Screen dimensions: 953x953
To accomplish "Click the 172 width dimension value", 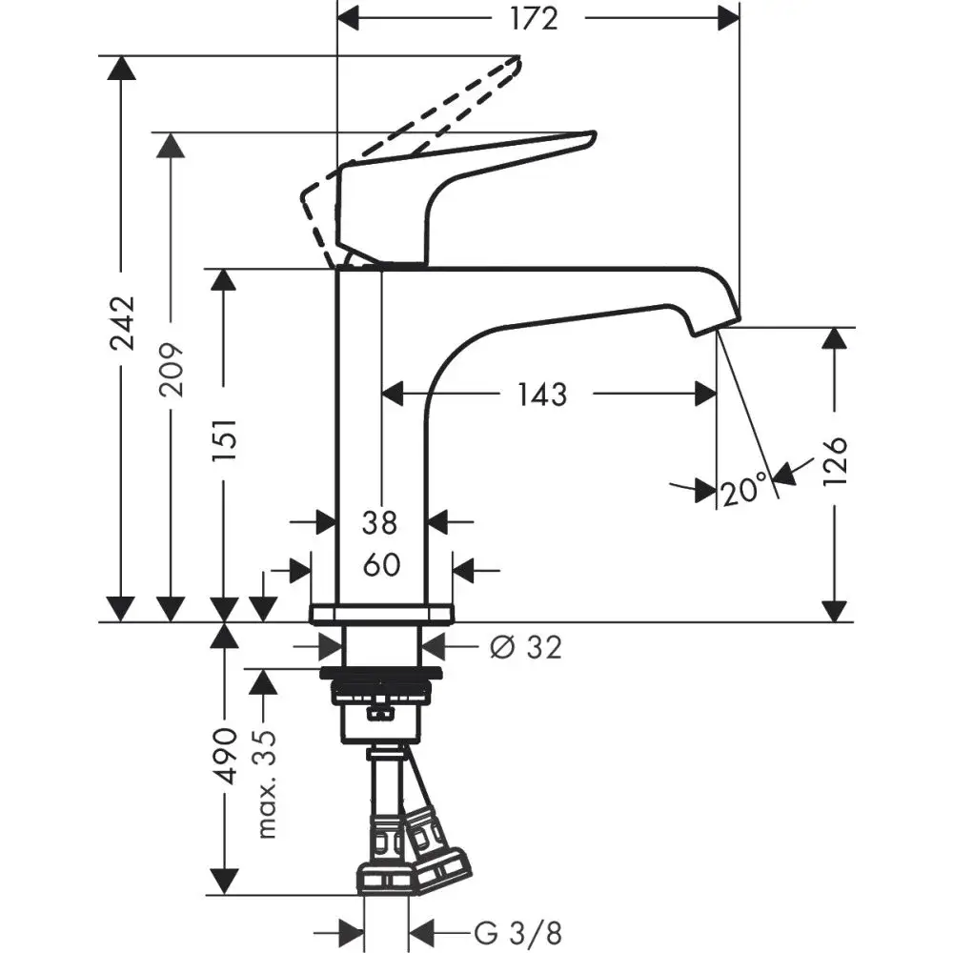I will [x=535, y=18].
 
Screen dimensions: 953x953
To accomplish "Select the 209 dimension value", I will [x=172, y=368].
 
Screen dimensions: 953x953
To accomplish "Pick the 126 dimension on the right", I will [x=835, y=460].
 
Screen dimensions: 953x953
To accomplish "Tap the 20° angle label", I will [x=744, y=492].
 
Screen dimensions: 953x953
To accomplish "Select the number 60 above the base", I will [x=381, y=565].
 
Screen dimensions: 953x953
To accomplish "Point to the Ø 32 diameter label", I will [x=525, y=647].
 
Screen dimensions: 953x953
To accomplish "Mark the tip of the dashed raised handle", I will [x=517, y=63].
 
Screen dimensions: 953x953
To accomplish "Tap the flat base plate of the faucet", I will [x=381, y=613].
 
